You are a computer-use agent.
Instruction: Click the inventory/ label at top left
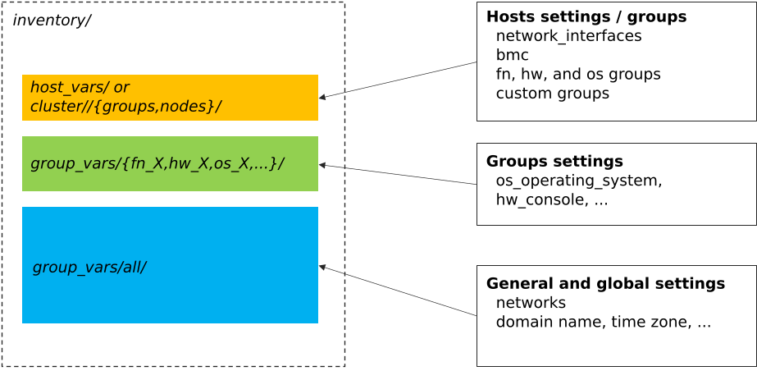coord(51,21)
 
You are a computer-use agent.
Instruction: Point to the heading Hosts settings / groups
coord(586,16)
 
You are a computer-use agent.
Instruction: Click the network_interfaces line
coord(568,36)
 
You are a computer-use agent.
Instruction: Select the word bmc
coord(512,55)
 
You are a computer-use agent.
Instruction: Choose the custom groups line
coord(552,94)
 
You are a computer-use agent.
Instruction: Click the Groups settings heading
coord(554,161)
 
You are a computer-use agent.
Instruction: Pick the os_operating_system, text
coord(579,181)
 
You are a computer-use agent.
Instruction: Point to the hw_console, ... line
coord(551,199)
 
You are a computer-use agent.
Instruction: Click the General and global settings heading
coord(605,283)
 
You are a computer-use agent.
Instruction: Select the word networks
coord(531,303)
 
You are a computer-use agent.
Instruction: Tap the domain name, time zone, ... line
coord(603,323)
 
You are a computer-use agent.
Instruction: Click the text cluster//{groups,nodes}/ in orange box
coord(125,107)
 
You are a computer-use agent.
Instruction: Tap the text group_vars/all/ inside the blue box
coord(89,268)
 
